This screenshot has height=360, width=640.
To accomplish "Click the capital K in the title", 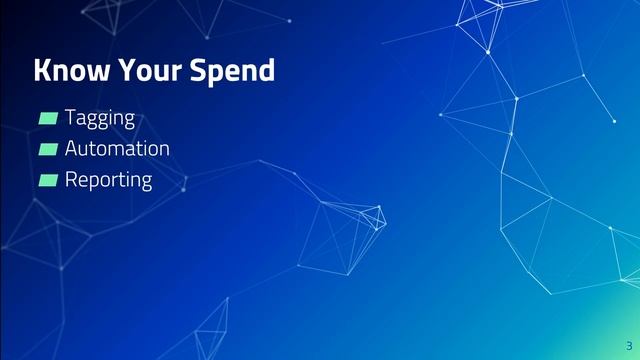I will (42, 71).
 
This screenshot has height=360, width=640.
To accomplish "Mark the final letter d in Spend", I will (266, 71).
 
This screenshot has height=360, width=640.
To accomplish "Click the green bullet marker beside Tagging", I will (48, 119).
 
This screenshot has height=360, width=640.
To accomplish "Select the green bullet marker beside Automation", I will (48, 150).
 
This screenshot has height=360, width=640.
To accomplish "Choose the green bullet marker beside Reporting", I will (48, 181).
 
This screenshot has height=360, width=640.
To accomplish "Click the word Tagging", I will (100, 119).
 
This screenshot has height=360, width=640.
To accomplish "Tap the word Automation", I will (117, 149).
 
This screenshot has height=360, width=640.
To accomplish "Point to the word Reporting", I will (108, 181).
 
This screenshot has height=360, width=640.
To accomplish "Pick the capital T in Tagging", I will (71, 117).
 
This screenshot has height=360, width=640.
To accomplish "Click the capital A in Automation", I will (72, 149).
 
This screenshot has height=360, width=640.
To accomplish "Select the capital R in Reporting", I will (72, 180).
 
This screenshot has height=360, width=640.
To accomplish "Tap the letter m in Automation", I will (124, 150).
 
